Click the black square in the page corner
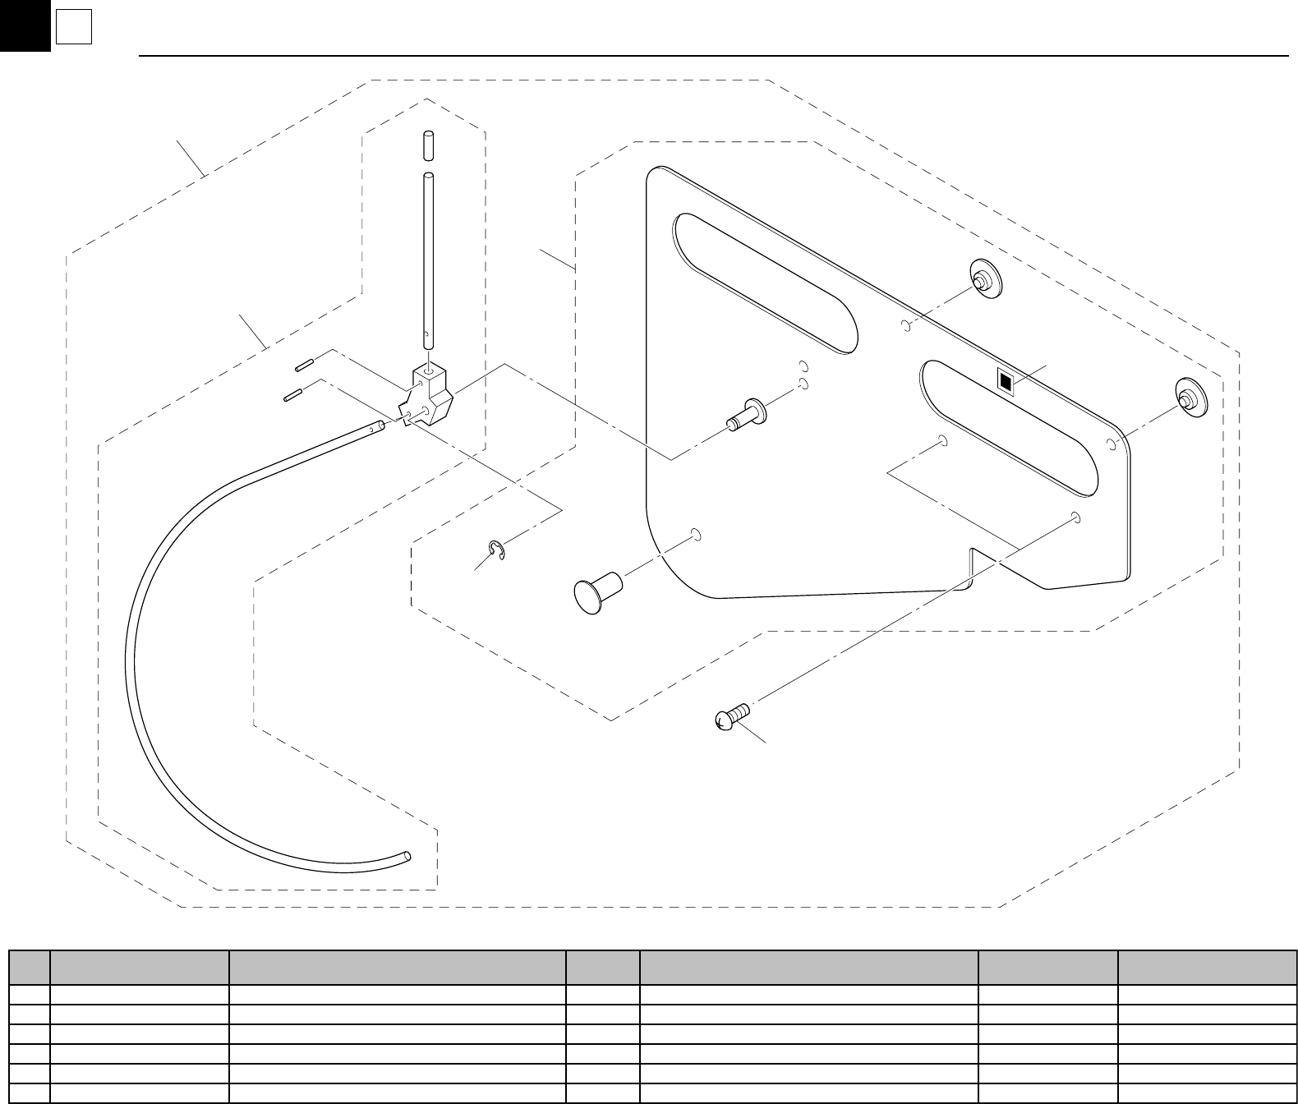[25, 25]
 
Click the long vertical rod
[427, 255]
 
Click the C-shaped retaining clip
[497, 550]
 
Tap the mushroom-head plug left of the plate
[597, 592]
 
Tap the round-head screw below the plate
[730, 716]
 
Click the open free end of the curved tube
[407, 857]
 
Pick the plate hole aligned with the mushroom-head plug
[696, 535]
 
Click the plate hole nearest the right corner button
[1111, 444]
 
